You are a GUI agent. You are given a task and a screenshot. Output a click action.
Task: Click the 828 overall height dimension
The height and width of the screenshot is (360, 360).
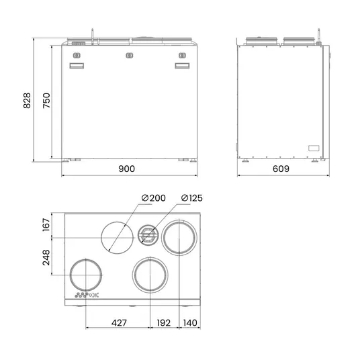pyautogui.click(x=27, y=100)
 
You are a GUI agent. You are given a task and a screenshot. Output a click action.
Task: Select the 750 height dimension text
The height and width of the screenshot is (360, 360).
pyautogui.click(x=46, y=100)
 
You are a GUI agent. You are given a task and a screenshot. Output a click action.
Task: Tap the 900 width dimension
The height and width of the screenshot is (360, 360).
pyautogui.click(x=126, y=169)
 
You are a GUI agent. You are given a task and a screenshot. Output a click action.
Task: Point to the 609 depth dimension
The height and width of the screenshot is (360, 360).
pyautogui.click(x=281, y=169)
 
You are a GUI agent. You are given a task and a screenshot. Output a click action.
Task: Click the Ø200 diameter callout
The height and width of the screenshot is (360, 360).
pyautogui.click(x=153, y=198)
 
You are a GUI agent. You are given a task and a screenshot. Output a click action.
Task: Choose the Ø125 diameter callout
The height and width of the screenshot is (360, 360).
pyautogui.click(x=191, y=198)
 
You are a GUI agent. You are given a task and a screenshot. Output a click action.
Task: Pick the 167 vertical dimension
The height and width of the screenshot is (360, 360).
pyautogui.click(x=46, y=224)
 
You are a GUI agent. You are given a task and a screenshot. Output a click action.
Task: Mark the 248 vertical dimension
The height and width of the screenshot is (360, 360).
pyautogui.click(x=46, y=257)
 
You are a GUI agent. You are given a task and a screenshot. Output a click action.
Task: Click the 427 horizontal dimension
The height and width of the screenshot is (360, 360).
pyautogui.click(x=119, y=323)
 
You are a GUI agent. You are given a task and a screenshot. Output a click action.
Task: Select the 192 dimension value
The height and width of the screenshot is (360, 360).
pyautogui.click(x=164, y=323)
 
